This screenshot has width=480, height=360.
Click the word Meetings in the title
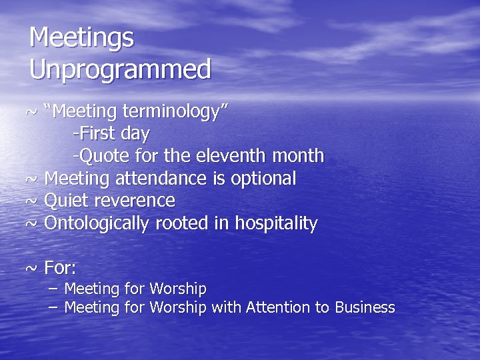point(81,38)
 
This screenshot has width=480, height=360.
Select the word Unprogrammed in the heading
point(120,69)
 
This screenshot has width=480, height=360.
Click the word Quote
point(101,156)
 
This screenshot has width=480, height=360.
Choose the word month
point(298,156)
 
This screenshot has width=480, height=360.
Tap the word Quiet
point(65,201)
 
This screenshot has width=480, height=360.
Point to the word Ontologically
point(97,223)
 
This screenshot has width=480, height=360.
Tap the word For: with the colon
point(60,268)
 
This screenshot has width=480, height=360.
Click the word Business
point(365,307)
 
